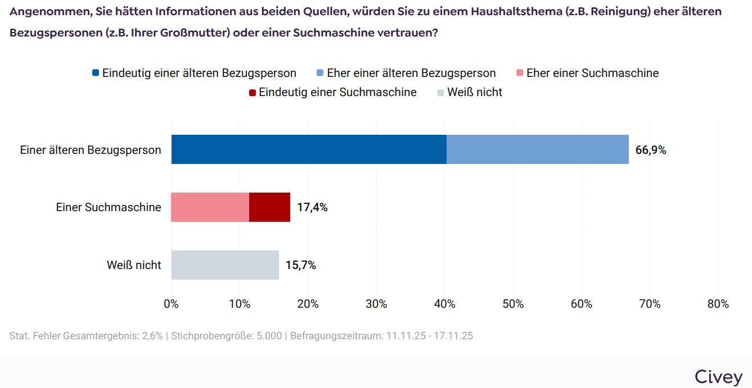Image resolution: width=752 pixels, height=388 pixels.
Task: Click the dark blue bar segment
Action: (x=309, y=149)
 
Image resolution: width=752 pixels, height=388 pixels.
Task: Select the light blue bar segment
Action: (x=537, y=149)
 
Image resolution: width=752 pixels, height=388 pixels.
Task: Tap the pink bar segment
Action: (x=210, y=207)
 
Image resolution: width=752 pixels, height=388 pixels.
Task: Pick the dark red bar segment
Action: (x=269, y=207)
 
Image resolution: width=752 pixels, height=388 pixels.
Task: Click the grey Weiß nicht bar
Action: (x=225, y=265)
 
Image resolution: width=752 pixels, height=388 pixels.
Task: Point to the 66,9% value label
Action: (x=651, y=150)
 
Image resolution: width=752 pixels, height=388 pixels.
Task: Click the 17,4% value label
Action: (x=312, y=208)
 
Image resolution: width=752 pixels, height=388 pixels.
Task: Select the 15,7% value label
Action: (x=301, y=266)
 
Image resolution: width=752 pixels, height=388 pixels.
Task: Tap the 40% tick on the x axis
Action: (x=445, y=304)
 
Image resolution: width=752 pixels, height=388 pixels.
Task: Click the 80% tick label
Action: (x=718, y=304)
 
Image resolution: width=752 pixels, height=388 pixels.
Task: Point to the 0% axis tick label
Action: (x=171, y=304)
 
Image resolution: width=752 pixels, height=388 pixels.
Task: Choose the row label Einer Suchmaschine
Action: (x=109, y=207)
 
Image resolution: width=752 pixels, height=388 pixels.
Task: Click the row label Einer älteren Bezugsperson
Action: (x=91, y=150)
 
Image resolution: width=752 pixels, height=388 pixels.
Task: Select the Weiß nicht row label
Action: (x=134, y=265)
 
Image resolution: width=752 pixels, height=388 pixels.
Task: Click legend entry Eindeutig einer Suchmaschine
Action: (x=337, y=92)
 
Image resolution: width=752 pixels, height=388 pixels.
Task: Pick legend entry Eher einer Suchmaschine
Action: (x=592, y=73)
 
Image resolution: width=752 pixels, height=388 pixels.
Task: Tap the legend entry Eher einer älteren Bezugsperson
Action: (x=411, y=73)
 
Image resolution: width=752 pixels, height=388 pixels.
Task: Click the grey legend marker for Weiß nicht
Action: (x=440, y=93)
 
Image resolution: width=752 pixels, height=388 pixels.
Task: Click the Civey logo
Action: (x=718, y=376)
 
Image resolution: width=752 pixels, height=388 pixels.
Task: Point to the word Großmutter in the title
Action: (x=195, y=33)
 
